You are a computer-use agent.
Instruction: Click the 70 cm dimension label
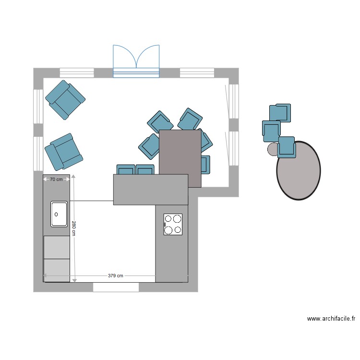tap(57, 180)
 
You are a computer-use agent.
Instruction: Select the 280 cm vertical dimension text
tap(74, 228)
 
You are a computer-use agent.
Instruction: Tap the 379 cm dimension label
tap(115, 276)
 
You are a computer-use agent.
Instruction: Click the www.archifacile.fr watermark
tap(331, 318)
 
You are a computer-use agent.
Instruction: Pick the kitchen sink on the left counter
tap(59, 214)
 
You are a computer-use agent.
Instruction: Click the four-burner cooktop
tap(173, 224)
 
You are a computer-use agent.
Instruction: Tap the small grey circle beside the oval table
tap(272, 149)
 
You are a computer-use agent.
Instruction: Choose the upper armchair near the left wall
tap(65, 99)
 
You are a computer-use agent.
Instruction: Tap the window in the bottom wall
tap(116, 287)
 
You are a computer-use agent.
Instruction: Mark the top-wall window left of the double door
tap(77, 73)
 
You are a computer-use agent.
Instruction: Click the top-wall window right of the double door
tap(197, 73)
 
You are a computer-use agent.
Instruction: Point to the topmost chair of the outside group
tap(280, 112)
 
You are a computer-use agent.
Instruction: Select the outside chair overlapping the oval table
tap(287, 147)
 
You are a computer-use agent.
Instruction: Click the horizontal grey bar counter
tap(150, 190)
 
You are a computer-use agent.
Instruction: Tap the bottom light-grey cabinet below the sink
tap(57, 270)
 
